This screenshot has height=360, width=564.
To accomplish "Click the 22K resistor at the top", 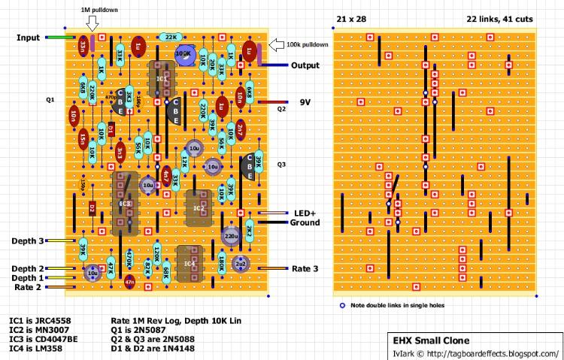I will (171, 36).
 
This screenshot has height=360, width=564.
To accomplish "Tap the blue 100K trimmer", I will (183, 54).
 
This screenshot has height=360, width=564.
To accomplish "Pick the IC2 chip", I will (198, 207).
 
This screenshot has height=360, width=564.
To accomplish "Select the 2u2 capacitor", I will (241, 265).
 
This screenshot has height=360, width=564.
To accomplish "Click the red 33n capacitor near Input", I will (81, 47).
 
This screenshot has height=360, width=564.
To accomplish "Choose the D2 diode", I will (92, 207).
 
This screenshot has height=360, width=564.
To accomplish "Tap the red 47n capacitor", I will (129, 282).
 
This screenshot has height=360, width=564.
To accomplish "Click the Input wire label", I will (29, 37).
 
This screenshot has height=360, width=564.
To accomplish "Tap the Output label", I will (305, 66).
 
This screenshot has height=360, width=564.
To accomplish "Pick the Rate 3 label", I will (305, 269).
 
